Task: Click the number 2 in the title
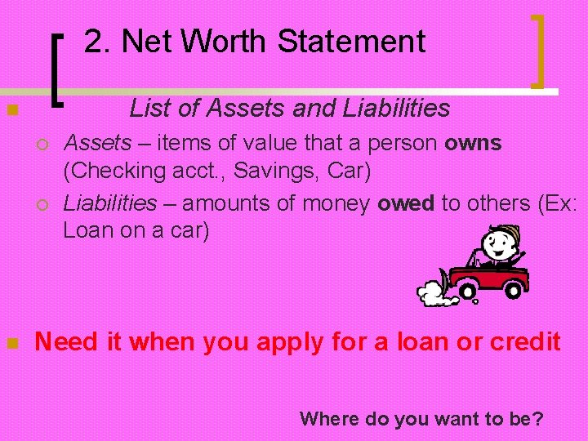click(94, 41)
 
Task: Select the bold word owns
click(473, 145)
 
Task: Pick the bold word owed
click(406, 204)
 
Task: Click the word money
click(334, 204)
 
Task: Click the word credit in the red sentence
click(525, 342)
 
